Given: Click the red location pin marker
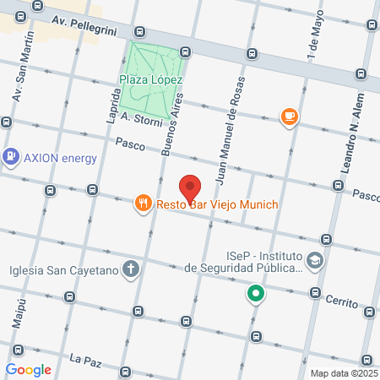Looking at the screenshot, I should tap(191, 187).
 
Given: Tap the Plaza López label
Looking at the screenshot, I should tap(151, 79).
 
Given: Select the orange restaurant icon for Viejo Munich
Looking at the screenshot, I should tap(143, 203).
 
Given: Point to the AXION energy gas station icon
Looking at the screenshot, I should tap(11, 156).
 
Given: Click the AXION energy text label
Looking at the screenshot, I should tap(60, 157).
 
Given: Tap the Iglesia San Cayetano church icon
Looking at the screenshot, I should tap(130, 270).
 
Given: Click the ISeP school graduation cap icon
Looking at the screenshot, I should tap(315, 261).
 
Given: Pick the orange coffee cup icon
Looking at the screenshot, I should tap(290, 117).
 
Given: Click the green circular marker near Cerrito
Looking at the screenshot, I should tap(255, 294).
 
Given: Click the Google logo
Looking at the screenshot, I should tap(28, 369).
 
